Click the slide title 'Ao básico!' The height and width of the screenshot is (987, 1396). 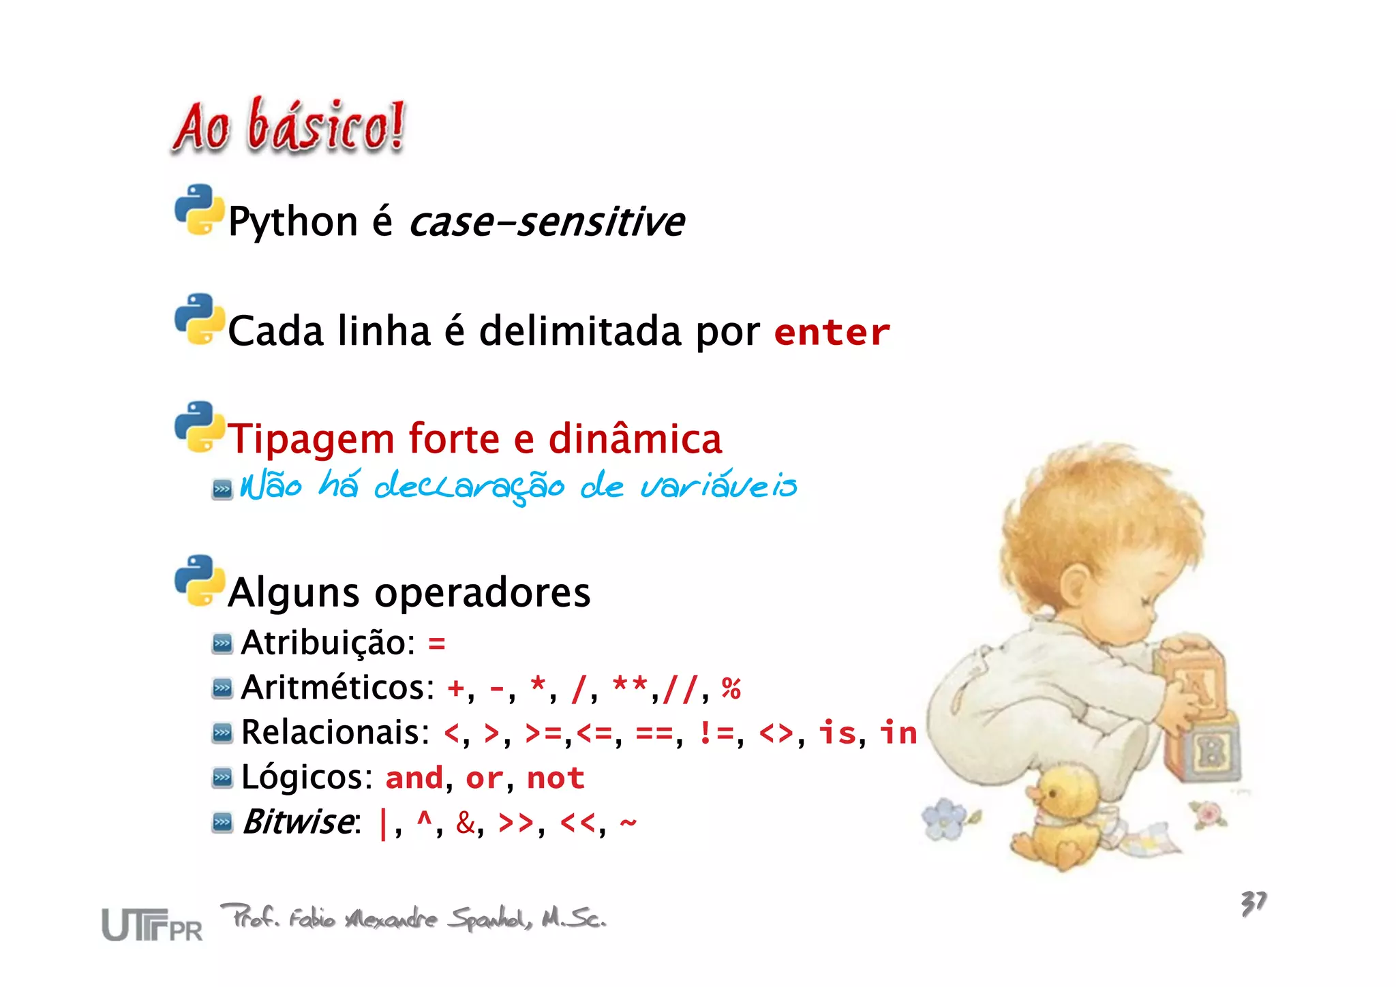pos(289,127)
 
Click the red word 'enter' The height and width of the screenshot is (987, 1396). pos(832,333)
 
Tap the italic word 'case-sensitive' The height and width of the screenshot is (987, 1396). pos(547,222)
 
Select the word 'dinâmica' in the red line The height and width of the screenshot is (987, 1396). pos(635,438)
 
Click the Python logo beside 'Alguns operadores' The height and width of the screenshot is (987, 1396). pos(199,581)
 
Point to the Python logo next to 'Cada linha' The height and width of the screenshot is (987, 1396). pos(199,320)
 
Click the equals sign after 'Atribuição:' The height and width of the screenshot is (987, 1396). pos(436,643)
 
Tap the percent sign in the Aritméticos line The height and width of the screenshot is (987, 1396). pos(731,688)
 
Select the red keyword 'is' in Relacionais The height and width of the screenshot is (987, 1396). pos(836,733)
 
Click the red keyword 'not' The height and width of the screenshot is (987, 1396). pos(556,778)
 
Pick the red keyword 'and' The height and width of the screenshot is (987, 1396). pos(414,778)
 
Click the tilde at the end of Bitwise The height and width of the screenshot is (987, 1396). pos(628,822)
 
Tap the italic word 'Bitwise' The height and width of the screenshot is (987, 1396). pos(299,821)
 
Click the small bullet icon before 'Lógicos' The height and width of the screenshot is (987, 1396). pos(222,778)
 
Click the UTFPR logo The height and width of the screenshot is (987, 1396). pos(152,925)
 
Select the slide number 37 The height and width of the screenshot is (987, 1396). pos(1253,903)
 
